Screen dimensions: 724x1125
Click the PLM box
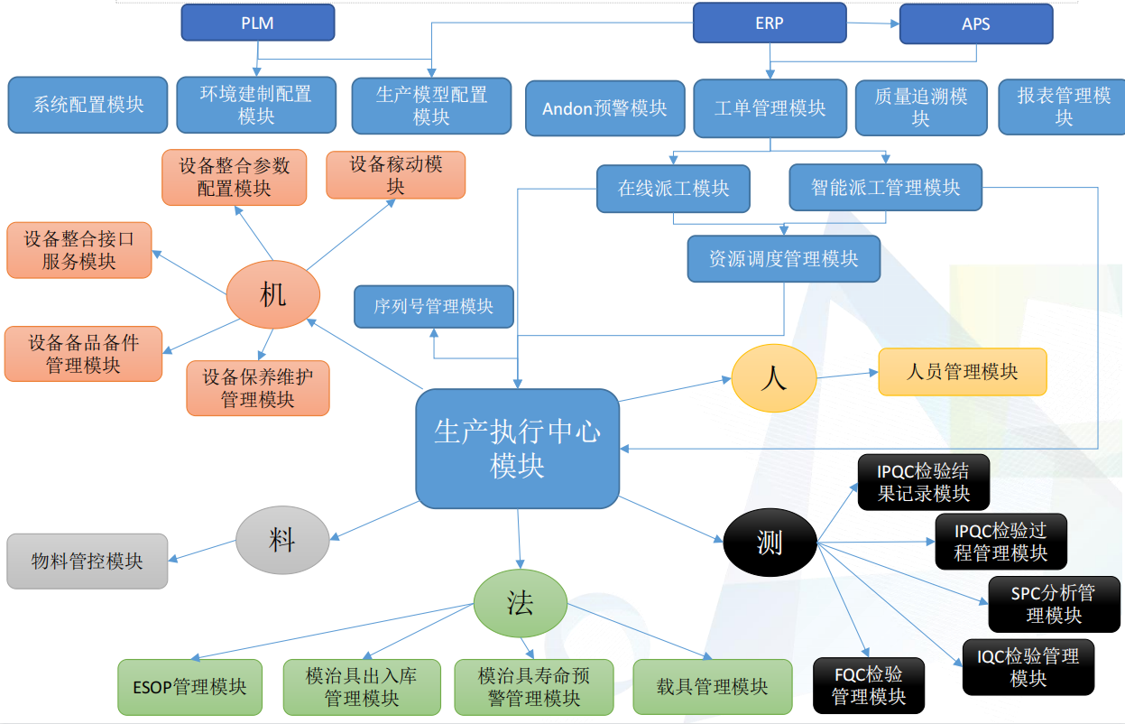[257, 23]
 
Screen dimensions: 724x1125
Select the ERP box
[770, 23]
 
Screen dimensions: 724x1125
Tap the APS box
[975, 24]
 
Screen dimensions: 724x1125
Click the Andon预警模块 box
[604, 108]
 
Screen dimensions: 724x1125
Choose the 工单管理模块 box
[770, 108]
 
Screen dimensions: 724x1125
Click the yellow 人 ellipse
[773, 378]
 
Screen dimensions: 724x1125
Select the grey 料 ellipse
[281, 540]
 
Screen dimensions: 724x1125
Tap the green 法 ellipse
[520, 604]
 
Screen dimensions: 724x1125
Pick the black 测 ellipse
[770, 543]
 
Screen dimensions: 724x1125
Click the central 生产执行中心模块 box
[517, 449]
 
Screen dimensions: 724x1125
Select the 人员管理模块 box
[962, 372]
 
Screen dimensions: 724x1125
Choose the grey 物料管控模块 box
[87, 562]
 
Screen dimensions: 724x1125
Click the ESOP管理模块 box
[189, 687]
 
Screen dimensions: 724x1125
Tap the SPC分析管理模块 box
[1053, 604]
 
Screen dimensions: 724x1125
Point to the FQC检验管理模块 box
[868, 685]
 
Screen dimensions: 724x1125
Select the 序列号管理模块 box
[434, 307]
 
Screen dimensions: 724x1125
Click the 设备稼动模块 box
[395, 175]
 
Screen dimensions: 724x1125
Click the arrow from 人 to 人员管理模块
[847, 375]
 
